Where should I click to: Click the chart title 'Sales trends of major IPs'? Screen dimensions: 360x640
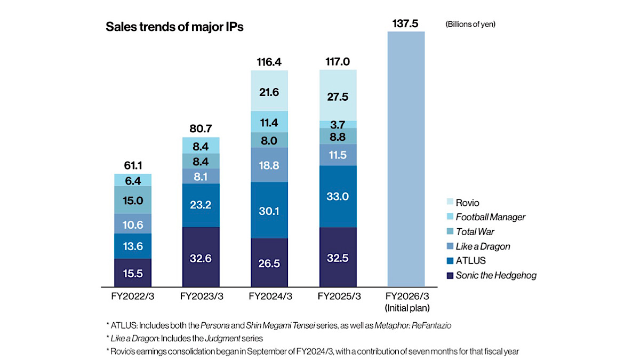(175, 27)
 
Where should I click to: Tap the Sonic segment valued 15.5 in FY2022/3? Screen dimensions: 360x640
(133, 273)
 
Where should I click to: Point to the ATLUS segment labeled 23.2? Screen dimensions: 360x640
(201, 205)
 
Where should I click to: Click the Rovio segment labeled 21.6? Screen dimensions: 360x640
(269, 91)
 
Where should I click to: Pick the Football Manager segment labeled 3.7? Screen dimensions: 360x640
(338, 124)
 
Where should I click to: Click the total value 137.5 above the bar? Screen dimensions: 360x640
(406, 23)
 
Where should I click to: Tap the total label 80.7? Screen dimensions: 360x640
(201, 129)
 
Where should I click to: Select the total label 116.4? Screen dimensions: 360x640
(269, 62)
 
